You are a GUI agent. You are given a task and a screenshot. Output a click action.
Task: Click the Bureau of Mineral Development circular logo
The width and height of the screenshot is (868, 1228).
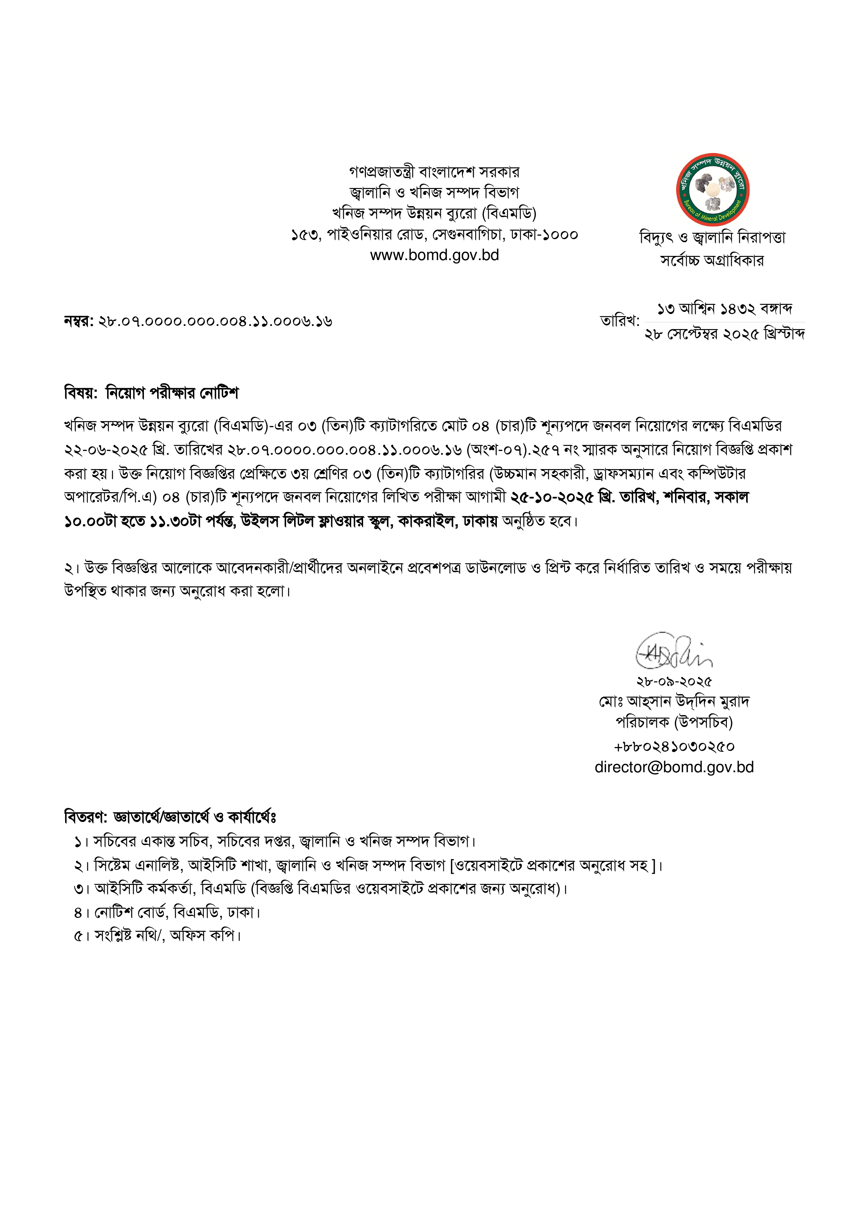point(713,190)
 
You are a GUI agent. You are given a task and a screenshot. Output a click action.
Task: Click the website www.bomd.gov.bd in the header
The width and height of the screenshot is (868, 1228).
point(434,255)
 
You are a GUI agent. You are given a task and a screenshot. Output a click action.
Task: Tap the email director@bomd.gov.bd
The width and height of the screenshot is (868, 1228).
point(674,767)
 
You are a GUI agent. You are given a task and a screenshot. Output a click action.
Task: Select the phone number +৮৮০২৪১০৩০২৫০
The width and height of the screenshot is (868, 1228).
point(674,746)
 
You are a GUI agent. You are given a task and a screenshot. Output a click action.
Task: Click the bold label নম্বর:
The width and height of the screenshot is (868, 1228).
point(79,321)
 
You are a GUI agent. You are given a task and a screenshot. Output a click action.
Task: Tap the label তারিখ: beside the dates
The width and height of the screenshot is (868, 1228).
point(620,321)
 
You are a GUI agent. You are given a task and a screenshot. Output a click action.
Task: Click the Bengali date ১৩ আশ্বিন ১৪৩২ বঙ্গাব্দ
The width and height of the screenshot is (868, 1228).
point(725,309)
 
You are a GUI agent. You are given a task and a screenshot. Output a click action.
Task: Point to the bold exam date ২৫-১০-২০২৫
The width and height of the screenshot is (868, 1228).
point(552,497)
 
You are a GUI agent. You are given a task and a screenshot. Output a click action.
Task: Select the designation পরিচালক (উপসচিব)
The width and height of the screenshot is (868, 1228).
point(674,723)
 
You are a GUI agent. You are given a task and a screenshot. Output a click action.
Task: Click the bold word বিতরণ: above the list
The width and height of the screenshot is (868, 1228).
point(85,817)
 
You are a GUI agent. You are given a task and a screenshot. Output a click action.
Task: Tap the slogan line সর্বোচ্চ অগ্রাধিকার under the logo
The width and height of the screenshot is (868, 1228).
point(713,260)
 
